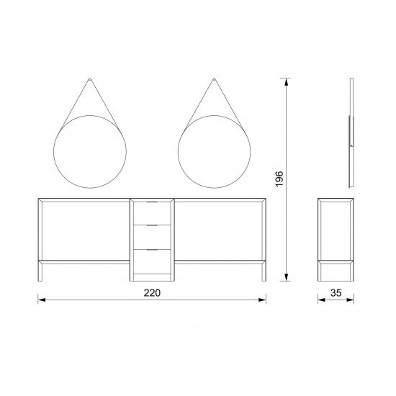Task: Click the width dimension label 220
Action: click(x=152, y=293)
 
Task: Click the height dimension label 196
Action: click(x=279, y=179)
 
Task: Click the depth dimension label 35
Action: click(x=336, y=293)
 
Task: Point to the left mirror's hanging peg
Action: click(x=90, y=79)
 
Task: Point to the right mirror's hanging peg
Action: click(x=214, y=79)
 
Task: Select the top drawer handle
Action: click(x=152, y=202)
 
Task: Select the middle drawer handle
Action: click(x=152, y=225)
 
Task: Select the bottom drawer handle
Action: click(x=152, y=250)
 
